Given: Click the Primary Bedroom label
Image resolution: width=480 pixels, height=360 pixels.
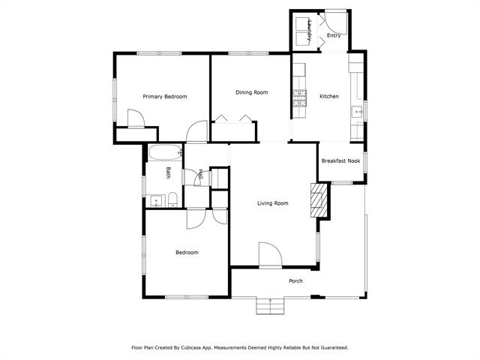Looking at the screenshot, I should [165, 96].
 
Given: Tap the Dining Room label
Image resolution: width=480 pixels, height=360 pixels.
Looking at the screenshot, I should [251, 92].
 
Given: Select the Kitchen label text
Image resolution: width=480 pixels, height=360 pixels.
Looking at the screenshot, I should [329, 96].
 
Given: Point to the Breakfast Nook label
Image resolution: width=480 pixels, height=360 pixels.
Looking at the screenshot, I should [340, 160].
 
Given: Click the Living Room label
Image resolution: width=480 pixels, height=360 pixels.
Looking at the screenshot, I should [273, 203].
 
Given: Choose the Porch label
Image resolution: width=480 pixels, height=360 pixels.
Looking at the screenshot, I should [296, 281].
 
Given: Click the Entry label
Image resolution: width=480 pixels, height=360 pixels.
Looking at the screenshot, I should [334, 35].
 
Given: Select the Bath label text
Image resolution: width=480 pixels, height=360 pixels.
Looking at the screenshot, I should [169, 173].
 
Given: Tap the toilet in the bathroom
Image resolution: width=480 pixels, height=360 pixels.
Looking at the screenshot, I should [172, 199].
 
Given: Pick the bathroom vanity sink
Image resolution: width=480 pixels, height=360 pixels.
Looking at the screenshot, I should [156, 200].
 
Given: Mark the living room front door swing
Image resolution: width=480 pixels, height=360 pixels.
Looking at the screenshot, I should [269, 255].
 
